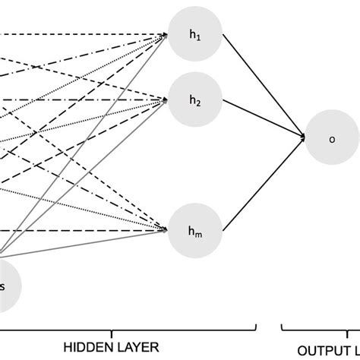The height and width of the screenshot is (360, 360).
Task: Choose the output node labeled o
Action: tap(331, 138)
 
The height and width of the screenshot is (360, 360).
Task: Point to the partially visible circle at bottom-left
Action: tap(6, 285)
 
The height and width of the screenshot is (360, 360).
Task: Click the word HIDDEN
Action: tap(88, 348)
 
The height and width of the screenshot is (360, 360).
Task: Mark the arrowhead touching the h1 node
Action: tap(165, 34)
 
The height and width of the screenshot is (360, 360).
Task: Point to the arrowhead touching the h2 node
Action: tap(165, 99)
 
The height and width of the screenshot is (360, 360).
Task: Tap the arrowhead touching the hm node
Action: tap(165, 228)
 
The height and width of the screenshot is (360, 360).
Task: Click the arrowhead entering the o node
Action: tap(303, 137)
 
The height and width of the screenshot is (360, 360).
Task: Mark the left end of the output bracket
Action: tap(283, 328)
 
